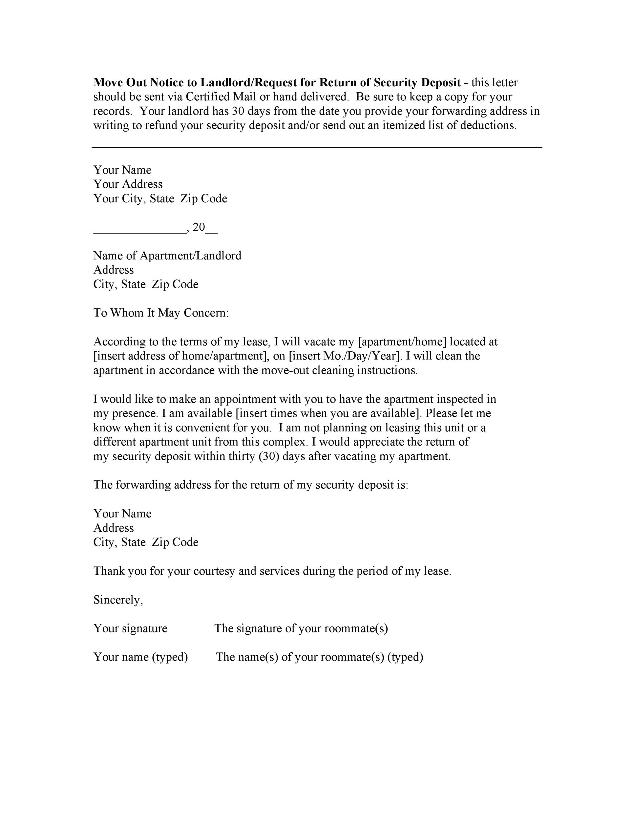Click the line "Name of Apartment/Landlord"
click(x=167, y=256)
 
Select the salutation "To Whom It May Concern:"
click(x=161, y=313)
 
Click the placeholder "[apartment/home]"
click(x=402, y=342)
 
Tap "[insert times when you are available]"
click(x=327, y=413)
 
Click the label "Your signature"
click(x=130, y=628)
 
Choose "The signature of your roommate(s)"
click(x=301, y=628)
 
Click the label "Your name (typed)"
click(x=140, y=657)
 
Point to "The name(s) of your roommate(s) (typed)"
click(x=320, y=657)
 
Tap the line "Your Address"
click(x=128, y=184)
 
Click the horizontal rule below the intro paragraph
click(x=317, y=148)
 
